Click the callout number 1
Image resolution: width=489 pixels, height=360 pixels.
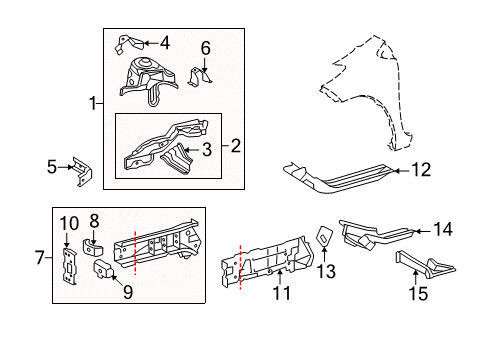93,103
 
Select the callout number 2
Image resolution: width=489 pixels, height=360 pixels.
236,146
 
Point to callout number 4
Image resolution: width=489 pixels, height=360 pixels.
165,42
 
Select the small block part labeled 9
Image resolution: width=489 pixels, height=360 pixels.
103,271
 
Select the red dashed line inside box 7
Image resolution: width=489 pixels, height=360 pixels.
133,259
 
